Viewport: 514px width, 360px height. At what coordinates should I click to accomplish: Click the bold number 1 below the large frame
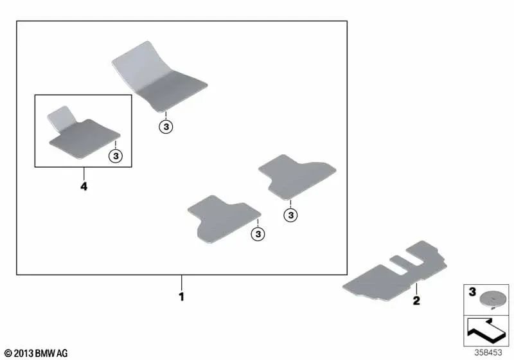(182, 297)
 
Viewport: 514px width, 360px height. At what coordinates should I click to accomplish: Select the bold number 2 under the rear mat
(416, 300)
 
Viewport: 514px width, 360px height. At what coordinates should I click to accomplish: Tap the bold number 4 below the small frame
(84, 186)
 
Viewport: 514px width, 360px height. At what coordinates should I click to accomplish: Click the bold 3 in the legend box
(472, 291)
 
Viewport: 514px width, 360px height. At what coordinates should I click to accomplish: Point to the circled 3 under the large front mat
(166, 127)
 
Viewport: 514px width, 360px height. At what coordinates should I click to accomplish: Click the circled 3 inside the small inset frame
(116, 156)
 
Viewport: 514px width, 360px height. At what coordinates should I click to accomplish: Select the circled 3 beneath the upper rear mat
(291, 215)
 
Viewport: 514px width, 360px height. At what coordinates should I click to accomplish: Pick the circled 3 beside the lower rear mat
(258, 234)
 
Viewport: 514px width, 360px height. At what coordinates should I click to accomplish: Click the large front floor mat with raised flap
(159, 77)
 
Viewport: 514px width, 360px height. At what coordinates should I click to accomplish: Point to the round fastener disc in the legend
(491, 300)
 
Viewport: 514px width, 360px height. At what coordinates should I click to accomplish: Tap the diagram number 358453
(488, 352)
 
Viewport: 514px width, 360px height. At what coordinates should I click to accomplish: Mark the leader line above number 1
(182, 283)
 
